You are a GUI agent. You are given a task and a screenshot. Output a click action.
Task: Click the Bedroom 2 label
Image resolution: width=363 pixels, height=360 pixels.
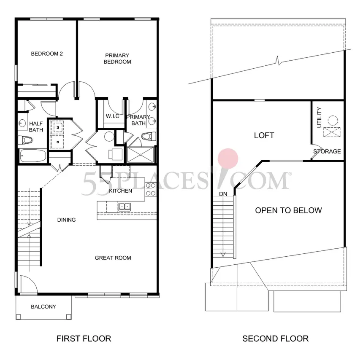point(47,54)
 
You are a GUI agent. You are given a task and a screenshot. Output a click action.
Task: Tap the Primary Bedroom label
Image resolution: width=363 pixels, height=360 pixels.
point(117,59)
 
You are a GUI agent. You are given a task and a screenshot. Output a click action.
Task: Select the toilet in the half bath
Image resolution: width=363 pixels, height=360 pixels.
point(25,140)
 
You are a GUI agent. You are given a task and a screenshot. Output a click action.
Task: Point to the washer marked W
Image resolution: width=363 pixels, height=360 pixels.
point(58,127)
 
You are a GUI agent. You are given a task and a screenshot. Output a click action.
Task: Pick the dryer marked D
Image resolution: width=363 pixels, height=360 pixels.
point(57,142)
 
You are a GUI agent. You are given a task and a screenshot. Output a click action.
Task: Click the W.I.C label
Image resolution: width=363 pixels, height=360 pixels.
point(113,116)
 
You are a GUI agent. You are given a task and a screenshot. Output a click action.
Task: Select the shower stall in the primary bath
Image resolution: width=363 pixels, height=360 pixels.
point(141,154)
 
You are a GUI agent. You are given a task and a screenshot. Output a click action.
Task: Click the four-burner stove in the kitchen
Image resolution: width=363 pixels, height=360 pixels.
point(151,189)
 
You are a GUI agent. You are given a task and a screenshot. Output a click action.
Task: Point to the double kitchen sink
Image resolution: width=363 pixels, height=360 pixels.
point(125,206)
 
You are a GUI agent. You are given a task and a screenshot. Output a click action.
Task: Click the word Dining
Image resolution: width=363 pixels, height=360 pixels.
point(66,220)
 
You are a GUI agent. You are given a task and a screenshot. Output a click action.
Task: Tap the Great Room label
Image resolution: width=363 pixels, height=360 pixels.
point(113,258)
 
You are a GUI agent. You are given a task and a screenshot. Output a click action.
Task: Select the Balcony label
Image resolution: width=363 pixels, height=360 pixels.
point(43,306)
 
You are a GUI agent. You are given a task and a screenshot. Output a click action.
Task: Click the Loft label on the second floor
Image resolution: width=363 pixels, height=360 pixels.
point(264,135)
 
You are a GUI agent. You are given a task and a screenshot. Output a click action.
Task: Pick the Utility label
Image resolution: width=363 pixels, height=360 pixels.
point(319,117)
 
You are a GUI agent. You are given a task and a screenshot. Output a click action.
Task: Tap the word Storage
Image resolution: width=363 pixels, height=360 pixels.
point(327,151)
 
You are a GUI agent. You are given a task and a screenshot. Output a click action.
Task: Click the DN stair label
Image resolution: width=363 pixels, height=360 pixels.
point(223,194)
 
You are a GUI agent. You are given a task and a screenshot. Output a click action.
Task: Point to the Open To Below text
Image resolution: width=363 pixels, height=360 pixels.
point(288,210)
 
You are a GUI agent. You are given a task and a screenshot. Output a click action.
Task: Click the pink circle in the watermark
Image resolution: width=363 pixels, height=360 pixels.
point(228,159)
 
